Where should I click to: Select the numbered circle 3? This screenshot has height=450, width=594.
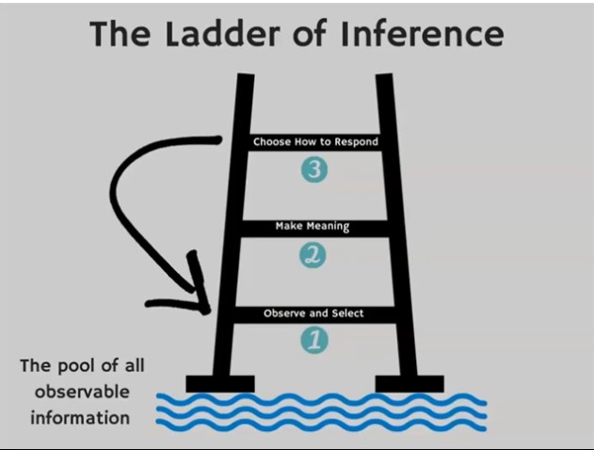click(314, 170)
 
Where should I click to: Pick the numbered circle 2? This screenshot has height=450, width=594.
click(313, 254)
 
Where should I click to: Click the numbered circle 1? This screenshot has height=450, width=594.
click(314, 339)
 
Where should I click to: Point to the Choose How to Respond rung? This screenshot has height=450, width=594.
click(315, 142)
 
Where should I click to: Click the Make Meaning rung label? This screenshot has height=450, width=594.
click(313, 227)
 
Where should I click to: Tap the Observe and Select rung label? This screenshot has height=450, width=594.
click(313, 313)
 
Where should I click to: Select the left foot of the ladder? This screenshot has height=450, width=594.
click(219, 383)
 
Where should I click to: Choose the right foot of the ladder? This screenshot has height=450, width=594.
click(409, 383)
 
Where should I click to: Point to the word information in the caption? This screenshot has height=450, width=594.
click(79, 415)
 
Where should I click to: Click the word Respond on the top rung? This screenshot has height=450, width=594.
click(356, 142)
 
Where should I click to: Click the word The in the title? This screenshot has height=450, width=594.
click(119, 34)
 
